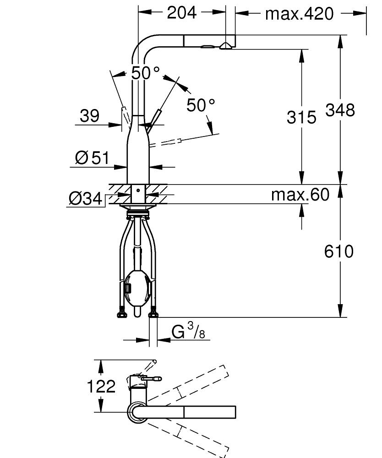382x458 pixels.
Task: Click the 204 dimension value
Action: [181, 12]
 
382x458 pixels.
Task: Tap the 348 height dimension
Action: [340, 110]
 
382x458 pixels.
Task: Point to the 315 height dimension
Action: [301, 117]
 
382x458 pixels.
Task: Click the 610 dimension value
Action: [339, 251]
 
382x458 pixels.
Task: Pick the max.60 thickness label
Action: [300, 195]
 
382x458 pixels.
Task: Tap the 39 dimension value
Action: [89, 116]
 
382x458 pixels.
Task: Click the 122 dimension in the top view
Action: [101, 387]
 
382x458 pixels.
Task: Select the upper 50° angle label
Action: [145, 72]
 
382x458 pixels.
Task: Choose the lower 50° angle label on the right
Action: [200, 105]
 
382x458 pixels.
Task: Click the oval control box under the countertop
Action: [137, 288]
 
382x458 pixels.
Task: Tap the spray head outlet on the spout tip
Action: [225, 46]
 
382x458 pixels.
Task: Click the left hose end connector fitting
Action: [122, 313]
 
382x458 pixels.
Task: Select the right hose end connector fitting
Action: [153, 313]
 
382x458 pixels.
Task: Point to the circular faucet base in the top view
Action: [136, 412]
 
